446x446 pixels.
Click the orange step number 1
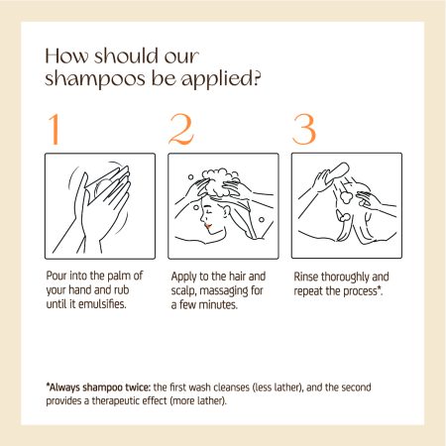pos(55,129)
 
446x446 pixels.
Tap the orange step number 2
pos(181,129)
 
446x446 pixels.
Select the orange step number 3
pos(304,130)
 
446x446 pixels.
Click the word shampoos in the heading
pos(95,79)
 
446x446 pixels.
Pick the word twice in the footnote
pos(138,387)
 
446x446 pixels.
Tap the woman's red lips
pos(208,226)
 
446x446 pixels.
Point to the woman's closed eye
pos(208,209)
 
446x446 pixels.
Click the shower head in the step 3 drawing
pos(337,172)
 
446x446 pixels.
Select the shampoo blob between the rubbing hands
pos(103,187)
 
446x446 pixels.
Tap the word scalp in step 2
pos(183,291)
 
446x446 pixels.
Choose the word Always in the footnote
pos(63,388)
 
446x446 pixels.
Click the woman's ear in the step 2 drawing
pos(227,211)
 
